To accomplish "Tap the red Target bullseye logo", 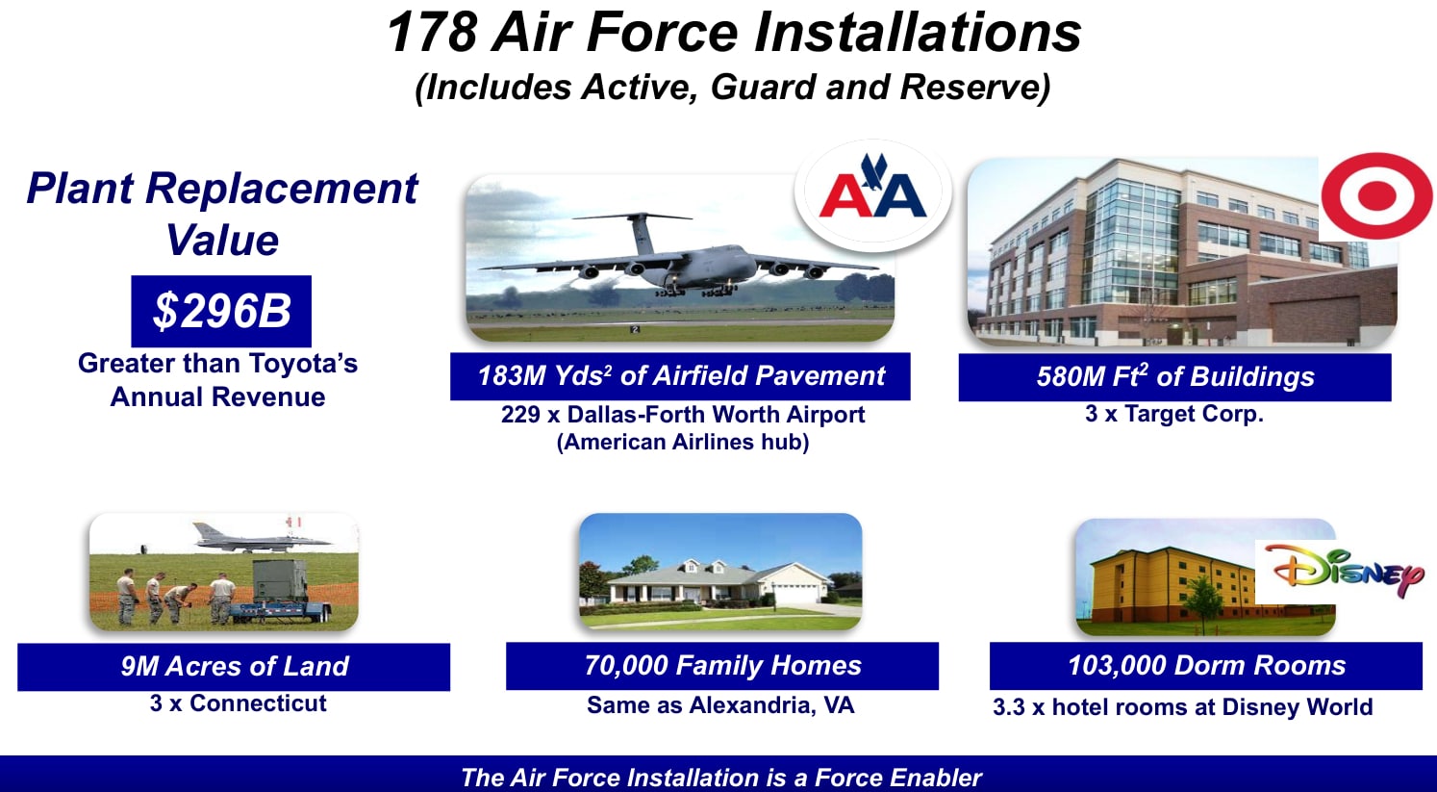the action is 1376,195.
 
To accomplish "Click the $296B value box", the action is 221,311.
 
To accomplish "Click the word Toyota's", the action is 303,363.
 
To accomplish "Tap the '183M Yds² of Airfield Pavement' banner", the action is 680,376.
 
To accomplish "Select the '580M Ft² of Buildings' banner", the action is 1174,376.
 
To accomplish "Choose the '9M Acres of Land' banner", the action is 234,667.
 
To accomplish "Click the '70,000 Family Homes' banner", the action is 721,666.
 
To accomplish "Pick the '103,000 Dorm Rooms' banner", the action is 1205,666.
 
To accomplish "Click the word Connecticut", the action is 258,703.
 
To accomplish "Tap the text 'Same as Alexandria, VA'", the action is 720,705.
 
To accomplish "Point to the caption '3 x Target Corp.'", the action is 1174,414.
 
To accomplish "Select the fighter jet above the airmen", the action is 262,539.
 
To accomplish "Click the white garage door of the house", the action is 794,594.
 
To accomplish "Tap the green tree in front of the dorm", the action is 1201,600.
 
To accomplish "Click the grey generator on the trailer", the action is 280,581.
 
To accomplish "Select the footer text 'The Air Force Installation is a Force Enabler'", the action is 721,778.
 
